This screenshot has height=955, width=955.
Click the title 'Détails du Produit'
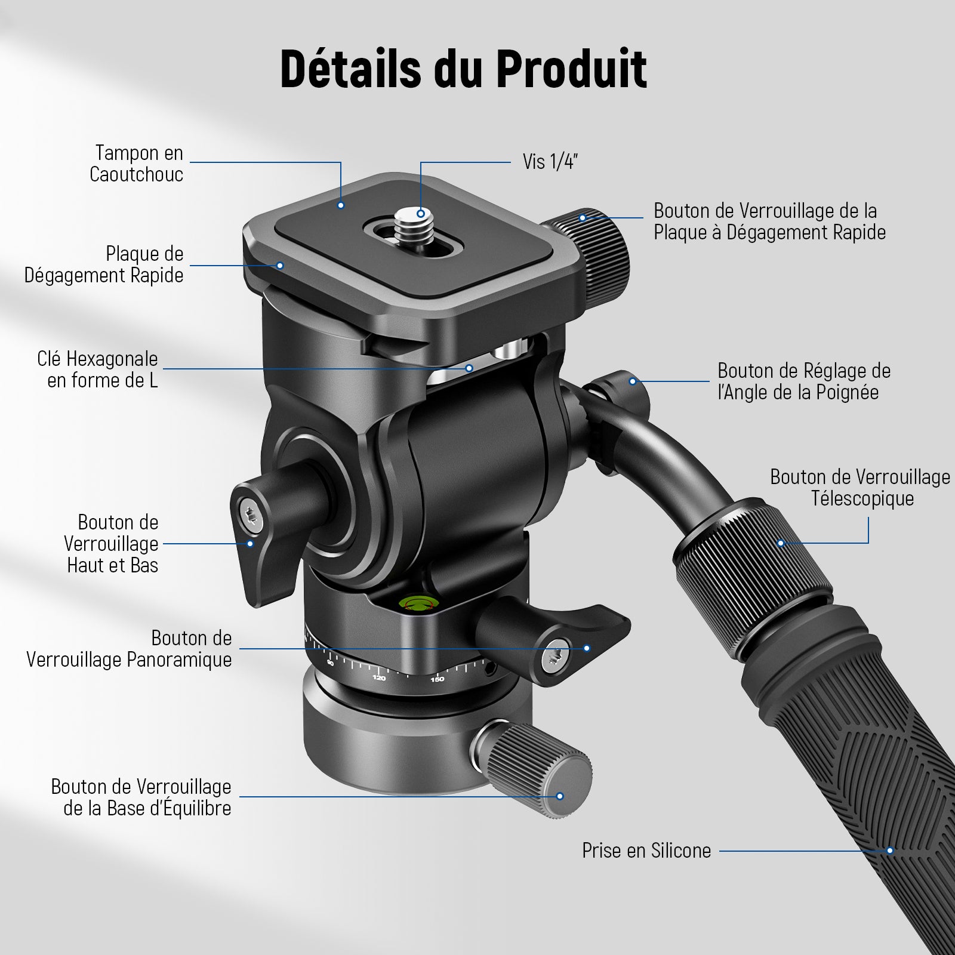(463, 70)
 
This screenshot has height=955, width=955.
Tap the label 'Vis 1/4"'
(550, 162)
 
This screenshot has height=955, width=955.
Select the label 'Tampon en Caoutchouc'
(136, 164)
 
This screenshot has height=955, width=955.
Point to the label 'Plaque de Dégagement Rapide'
(104, 264)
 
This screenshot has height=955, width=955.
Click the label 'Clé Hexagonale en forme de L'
(97, 369)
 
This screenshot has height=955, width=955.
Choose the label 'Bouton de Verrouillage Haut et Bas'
(112, 544)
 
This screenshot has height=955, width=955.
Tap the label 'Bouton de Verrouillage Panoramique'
(129, 649)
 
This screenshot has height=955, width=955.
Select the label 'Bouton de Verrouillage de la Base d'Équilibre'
(141, 797)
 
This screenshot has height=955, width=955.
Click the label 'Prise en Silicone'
(646, 851)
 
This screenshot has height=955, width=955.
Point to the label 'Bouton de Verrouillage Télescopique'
(860, 488)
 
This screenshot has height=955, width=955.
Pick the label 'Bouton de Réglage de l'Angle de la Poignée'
(804, 381)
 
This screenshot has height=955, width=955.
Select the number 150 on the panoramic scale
(438, 679)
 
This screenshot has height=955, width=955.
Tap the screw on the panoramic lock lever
(556, 656)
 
